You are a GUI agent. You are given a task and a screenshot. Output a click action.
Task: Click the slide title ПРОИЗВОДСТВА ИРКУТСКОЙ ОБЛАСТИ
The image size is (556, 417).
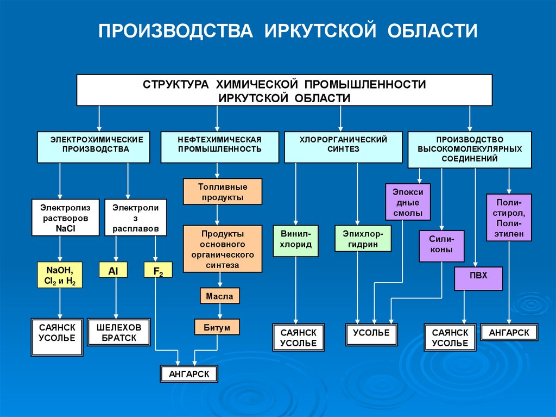click(288, 31)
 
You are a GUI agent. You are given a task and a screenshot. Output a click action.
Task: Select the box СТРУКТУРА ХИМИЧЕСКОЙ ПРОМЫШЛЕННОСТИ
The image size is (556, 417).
click(284, 90)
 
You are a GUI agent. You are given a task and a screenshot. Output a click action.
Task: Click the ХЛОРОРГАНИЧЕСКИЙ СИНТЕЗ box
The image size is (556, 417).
click(343, 147)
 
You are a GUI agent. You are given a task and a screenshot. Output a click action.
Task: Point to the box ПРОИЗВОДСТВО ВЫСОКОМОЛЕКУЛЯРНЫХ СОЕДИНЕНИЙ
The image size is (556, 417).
click(470, 150)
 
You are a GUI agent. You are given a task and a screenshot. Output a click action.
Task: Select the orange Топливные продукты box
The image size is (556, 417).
click(223, 191)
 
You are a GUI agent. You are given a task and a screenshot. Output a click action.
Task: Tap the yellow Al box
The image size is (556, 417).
click(113, 270)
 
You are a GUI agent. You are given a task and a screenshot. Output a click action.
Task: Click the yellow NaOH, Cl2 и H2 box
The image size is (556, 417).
click(60, 275)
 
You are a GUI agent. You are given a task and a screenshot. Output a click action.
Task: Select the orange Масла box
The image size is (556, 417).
click(219, 296)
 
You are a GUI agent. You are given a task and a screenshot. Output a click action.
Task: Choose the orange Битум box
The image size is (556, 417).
click(217, 327)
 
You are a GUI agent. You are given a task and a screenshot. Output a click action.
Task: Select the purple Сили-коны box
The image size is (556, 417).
click(441, 246)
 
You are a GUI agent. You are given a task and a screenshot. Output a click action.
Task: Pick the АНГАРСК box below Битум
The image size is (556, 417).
click(189, 374)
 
